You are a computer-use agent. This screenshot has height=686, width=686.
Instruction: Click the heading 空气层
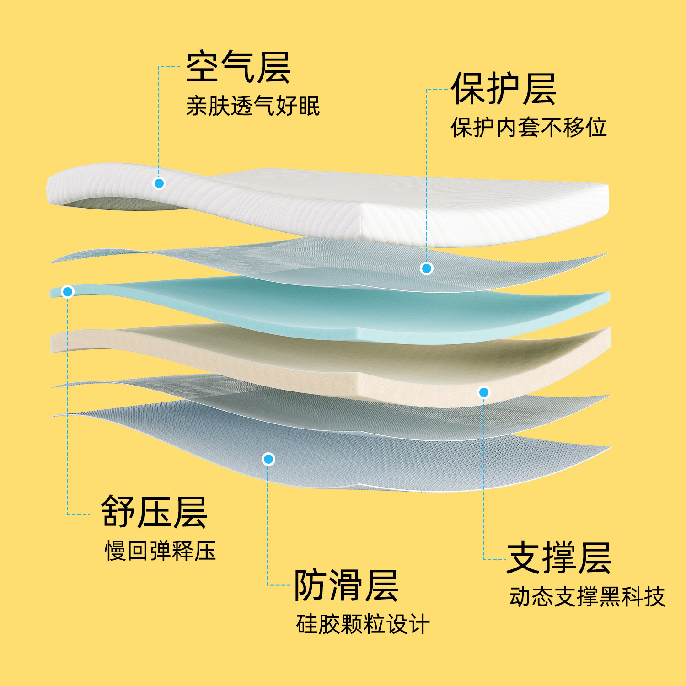pyautogui.click(x=238, y=67)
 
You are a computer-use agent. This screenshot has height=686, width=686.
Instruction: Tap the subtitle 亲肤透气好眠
pyautogui.click(x=252, y=106)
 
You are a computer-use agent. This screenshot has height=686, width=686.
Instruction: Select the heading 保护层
pyautogui.click(x=503, y=89)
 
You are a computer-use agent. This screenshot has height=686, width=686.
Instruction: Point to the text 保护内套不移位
pyautogui.click(x=529, y=127)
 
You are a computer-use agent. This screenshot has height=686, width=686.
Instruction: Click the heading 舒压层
pyautogui.click(x=154, y=512)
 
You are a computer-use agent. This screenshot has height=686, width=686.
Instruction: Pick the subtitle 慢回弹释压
pyautogui.click(x=160, y=551)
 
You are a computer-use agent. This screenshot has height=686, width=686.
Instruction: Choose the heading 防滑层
pyautogui.click(x=346, y=585)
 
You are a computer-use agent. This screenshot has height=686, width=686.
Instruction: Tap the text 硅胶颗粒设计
pyautogui.click(x=363, y=624)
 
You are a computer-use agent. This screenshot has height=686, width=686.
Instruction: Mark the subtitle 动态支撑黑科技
pyautogui.click(x=587, y=597)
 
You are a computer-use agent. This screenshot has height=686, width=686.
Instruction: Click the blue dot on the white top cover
pyautogui.click(x=159, y=183)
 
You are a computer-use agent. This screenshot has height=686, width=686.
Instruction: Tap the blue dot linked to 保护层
pyautogui.click(x=427, y=268)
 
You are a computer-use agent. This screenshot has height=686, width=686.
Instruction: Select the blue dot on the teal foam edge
pyautogui.click(x=68, y=291)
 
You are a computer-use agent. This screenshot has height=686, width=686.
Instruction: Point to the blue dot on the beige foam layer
pyautogui.click(x=484, y=392)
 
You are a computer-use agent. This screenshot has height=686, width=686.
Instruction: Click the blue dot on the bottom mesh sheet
pyautogui.click(x=268, y=459)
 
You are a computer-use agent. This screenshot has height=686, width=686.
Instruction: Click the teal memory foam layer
pyautogui.click(x=320, y=306)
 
